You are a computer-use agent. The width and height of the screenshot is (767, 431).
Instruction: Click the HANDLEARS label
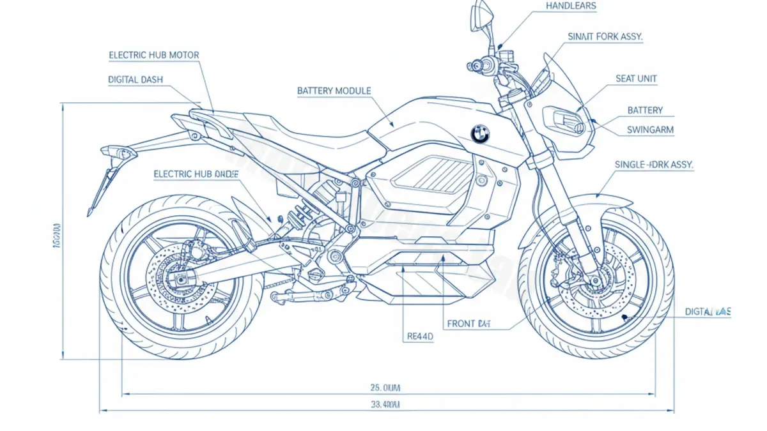(x=571, y=6)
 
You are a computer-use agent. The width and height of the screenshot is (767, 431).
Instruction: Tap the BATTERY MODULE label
(x=334, y=91)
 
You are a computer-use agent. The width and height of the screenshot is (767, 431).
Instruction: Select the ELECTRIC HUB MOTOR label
(x=154, y=56)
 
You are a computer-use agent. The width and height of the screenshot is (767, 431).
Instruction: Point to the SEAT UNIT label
(x=636, y=79)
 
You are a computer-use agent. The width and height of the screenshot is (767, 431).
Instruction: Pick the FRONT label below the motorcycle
(x=470, y=324)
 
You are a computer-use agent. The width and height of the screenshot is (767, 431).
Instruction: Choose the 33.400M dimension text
(x=385, y=405)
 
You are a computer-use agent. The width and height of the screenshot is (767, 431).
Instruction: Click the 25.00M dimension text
(x=385, y=387)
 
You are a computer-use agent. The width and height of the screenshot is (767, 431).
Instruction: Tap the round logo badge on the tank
(x=479, y=133)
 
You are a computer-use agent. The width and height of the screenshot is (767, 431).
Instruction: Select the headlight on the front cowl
(x=565, y=121)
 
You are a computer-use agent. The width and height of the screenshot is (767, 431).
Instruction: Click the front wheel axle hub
(x=595, y=279)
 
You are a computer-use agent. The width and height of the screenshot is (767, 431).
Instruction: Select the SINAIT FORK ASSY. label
(x=605, y=37)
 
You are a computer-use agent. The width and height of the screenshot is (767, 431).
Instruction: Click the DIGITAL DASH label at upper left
(x=136, y=80)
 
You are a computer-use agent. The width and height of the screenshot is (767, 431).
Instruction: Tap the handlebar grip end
(x=474, y=65)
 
